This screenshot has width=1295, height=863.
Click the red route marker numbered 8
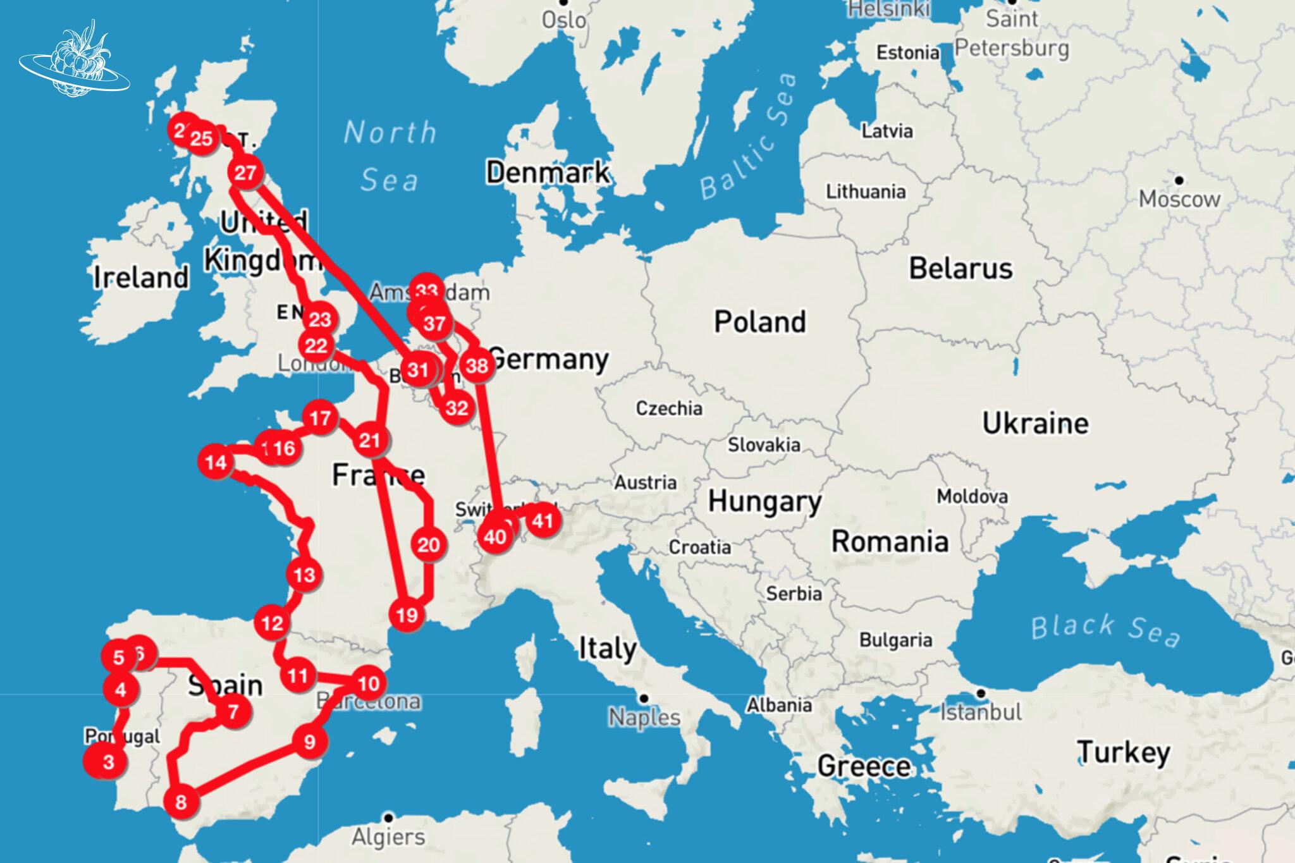[x=181, y=802]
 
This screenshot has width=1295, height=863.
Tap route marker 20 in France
[x=428, y=544]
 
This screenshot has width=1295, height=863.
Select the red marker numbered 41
[x=543, y=521]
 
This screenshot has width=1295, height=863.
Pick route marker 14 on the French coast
[x=216, y=462]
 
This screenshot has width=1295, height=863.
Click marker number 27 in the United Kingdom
[x=245, y=172]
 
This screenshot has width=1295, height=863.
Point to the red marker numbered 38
[x=477, y=365]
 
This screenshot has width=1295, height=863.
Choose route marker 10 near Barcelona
[x=368, y=683]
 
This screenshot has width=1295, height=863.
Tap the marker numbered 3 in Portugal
[x=108, y=762]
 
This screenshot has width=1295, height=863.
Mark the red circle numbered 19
[x=407, y=615]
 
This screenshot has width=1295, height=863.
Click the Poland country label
[x=759, y=322]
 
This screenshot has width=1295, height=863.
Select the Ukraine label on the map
[x=1035, y=423]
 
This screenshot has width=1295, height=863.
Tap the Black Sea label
[x=1105, y=629]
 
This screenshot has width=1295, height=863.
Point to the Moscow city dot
[x=1179, y=180]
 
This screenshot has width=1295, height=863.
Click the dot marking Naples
[x=644, y=698]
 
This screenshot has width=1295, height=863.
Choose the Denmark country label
[x=548, y=172]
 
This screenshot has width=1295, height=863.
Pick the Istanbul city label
[x=981, y=712]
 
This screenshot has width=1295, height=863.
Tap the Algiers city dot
[x=388, y=817]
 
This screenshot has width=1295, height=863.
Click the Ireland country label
[x=141, y=277]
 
